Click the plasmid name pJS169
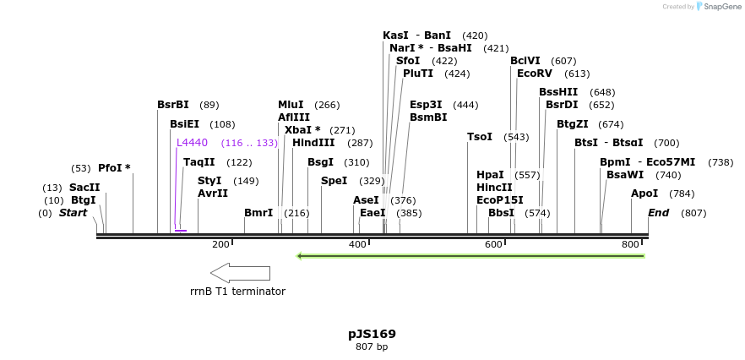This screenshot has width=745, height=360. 372,334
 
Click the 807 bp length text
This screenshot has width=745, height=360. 372,347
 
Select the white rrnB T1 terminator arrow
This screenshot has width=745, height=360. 240,273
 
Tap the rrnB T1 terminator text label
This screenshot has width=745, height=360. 237,292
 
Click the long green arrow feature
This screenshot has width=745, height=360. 470,255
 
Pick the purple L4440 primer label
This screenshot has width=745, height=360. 192,143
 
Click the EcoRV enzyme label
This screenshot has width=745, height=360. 534,74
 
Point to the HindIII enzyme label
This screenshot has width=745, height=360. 313,143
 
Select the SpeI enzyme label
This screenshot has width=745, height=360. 334,181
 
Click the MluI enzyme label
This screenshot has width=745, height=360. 291,105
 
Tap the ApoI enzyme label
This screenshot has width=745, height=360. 644,194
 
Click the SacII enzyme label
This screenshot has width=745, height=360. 84,188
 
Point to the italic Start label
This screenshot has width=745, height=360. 73,213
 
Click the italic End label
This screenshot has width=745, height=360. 658,213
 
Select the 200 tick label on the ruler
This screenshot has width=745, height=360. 220,245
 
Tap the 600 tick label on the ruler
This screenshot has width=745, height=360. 493,245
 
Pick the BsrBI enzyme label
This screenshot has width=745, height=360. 173,105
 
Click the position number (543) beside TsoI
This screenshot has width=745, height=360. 516,137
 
